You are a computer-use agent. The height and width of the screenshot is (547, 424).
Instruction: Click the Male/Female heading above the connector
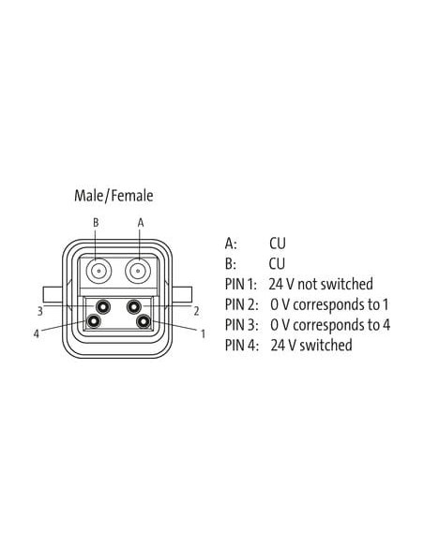click(114, 196)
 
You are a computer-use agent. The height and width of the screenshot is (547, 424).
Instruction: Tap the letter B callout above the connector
click(96, 223)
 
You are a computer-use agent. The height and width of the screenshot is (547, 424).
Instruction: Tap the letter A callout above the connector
click(141, 223)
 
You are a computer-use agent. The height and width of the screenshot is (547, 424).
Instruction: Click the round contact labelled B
click(99, 271)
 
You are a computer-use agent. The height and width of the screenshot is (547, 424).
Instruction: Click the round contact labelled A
click(138, 271)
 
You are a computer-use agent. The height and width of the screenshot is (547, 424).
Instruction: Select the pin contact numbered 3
click(103, 307)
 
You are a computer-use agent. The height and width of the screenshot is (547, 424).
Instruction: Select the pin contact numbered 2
click(134, 307)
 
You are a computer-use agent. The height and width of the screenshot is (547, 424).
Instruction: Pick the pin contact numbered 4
click(94, 321)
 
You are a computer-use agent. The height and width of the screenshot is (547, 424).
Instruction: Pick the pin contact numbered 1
click(144, 321)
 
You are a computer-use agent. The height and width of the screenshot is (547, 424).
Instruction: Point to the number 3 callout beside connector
click(39, 311)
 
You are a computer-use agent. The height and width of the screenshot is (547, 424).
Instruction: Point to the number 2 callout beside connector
click(197, 311)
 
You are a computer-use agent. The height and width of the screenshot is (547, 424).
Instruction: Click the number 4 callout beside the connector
click(37, 333)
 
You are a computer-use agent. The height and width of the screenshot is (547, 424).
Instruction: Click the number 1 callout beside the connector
click(203, 333)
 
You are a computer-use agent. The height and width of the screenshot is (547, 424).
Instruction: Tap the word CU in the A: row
click(278, 244)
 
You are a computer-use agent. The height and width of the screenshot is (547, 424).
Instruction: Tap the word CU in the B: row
click(278, 264)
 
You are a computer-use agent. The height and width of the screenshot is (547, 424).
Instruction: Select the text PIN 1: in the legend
click(241, 285)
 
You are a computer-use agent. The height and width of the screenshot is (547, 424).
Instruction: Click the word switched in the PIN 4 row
click(326, 345)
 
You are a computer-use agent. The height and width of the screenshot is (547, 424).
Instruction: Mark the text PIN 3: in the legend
click(242, 325)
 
